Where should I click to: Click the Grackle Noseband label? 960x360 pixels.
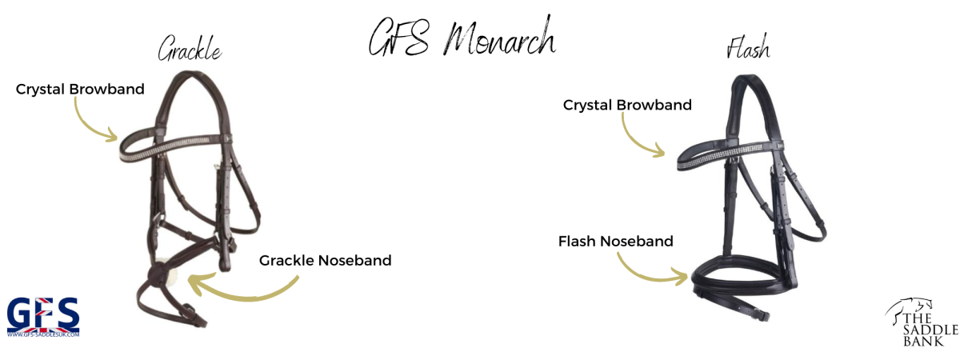(x=325, y=260)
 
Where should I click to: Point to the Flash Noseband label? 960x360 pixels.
(x=616, y=240)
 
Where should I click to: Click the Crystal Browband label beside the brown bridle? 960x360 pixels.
(x=80, y=89)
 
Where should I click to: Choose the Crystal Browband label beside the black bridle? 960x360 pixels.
(x=627, y=105)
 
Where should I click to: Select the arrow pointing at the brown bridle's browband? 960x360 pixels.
(x=92, y=120)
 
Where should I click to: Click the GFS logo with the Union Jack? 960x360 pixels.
(x=43, y=316)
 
